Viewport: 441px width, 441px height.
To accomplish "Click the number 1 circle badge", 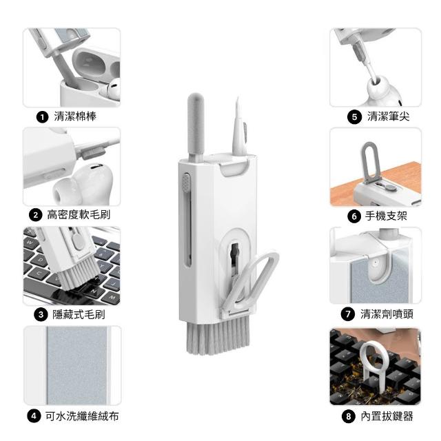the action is (43, 116).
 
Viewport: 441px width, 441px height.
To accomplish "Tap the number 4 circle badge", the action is (34, 416).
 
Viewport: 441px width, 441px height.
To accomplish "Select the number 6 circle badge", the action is (354, 216).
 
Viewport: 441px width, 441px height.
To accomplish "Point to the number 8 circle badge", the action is (349, 416).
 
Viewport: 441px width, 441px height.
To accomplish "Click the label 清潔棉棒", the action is (75, 116).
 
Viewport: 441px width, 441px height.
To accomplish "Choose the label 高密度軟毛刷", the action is (79, 215).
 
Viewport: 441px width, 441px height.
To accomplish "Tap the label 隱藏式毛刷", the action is (79, 314).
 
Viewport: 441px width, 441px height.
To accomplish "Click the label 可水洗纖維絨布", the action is (82, 416).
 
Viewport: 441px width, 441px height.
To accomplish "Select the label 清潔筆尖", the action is (388, 116).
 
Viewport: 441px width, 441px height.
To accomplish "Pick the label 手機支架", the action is (386, 216).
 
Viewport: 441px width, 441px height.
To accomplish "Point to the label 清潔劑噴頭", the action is (387, 314).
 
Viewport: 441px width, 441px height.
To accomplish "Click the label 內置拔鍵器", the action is (387, 416).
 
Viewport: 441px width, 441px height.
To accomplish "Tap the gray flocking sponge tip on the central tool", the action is (196, 127).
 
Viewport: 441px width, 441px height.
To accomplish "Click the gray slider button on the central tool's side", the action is (186, 182).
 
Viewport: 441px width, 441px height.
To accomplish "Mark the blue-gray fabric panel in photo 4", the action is (76, 365).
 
